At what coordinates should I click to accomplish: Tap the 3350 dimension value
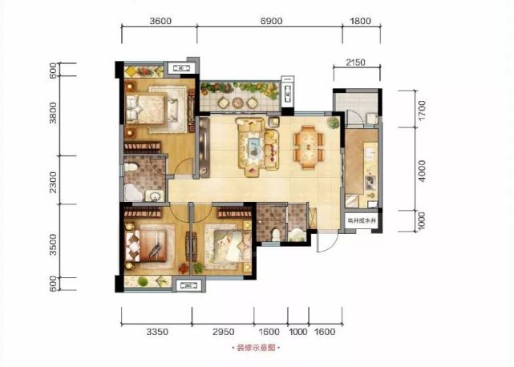tap(156, 329)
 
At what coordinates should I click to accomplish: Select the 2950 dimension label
tap(227, 329)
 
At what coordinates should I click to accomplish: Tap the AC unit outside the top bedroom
tap(181, 70)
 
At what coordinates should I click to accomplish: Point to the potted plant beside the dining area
tap(333, 123)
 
